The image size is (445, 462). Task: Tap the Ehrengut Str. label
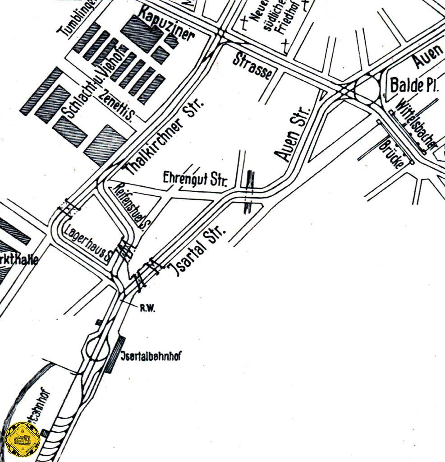pyautogui.click(x=197, y=179)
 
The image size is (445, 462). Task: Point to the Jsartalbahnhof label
pyautogui.click(x=151, y=356)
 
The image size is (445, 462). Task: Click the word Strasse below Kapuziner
pyautogui.click(x=253, y=66)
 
